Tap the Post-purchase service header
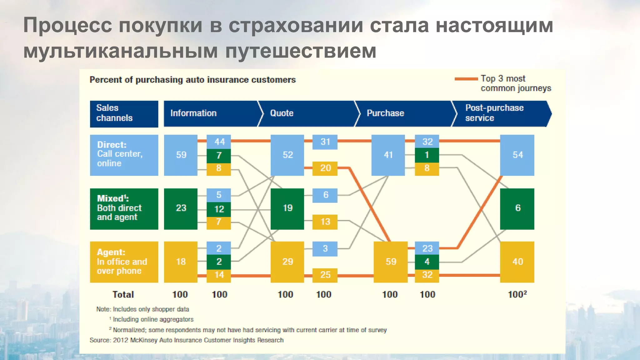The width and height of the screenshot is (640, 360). [500, 113]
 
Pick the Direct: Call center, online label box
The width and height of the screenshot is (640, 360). [124, 155]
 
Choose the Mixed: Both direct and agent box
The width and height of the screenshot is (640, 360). [124, 209]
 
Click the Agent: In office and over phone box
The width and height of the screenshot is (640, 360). [124, 262]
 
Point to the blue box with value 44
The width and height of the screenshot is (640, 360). [219, 142]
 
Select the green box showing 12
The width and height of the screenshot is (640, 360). [219, 209]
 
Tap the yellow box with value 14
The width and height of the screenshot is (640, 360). [219, 275]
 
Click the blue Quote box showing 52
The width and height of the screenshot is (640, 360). [287, 155]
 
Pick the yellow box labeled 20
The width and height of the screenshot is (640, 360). [325, 168]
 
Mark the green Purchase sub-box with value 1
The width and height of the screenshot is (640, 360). [427, 155]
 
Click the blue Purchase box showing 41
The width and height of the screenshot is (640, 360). [388, 155]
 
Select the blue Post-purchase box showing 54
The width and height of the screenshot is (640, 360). [517, 155]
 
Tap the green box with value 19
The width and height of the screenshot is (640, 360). [287, 209]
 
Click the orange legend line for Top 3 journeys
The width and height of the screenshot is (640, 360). [466, 79]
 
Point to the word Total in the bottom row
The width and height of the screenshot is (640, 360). [123, 294]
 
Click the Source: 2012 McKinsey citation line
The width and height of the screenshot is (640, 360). [187, 340]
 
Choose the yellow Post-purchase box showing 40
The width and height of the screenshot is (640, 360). [517, 262]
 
